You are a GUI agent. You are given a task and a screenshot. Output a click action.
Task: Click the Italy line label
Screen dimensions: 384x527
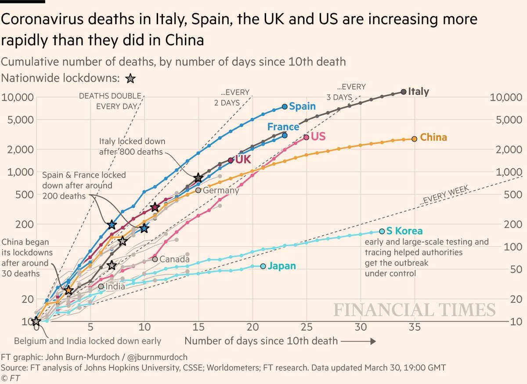click(x=418, y=92)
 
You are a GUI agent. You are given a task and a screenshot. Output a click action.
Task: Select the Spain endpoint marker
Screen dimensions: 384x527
click(x=285, y=107)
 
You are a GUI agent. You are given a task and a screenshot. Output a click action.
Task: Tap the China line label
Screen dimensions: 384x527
click(x=433, y=138)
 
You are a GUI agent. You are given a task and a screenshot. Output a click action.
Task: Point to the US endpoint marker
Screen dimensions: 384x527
click(x=306, y=138)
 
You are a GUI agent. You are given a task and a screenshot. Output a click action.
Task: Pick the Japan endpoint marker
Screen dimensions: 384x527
click(x=263, y=266)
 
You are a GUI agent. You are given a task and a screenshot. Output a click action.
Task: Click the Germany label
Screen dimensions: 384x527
click(x=220, y=191)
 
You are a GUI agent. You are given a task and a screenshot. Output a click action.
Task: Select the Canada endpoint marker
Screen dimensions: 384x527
click(x=155, y=259)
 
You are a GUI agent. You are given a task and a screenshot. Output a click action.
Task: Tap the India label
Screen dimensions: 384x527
click(x=114, y=286)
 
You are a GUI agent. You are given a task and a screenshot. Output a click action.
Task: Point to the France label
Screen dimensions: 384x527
click(x=283, y=127)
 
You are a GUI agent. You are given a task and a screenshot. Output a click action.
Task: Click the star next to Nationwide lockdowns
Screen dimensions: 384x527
click(x=130, y=79)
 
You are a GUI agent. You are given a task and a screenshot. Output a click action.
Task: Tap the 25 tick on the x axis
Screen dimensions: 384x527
click(x=307, y=328)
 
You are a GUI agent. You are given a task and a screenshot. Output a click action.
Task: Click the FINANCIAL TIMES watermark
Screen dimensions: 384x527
click(x=415, y=309)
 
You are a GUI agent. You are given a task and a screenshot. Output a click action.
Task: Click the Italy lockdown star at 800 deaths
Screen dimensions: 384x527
click(x=199, y=178)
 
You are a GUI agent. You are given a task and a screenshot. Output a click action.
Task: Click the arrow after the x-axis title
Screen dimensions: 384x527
click(x=358, y=341)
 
